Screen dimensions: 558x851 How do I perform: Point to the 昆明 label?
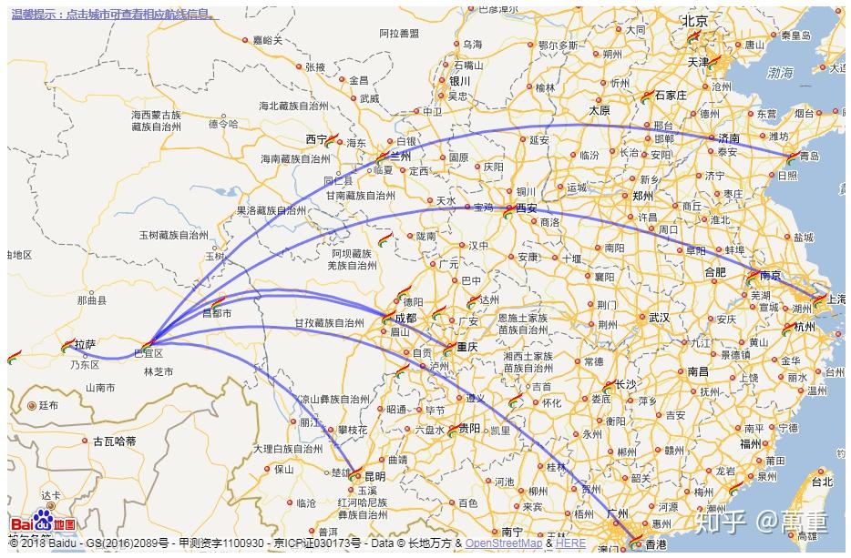click(x=374, y=476)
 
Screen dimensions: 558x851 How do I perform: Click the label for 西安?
click(x=527, y=208)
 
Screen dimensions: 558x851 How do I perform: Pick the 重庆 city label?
click(x=467, y=346)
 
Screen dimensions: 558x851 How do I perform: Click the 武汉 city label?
click(x=659, y=318)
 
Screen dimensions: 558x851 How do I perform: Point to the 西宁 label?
click(x=316, y=139)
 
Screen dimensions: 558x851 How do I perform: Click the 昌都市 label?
click(x=216, y=313)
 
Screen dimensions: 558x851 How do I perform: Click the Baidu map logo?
click(x=43, y=525)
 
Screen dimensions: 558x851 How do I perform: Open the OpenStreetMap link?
click(x=504, y=543)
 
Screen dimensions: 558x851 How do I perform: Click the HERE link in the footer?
click(x=571, y=543)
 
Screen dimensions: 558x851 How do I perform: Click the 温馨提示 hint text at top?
click(x=115, y=15)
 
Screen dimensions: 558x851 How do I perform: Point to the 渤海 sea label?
click(x=780, y=72)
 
